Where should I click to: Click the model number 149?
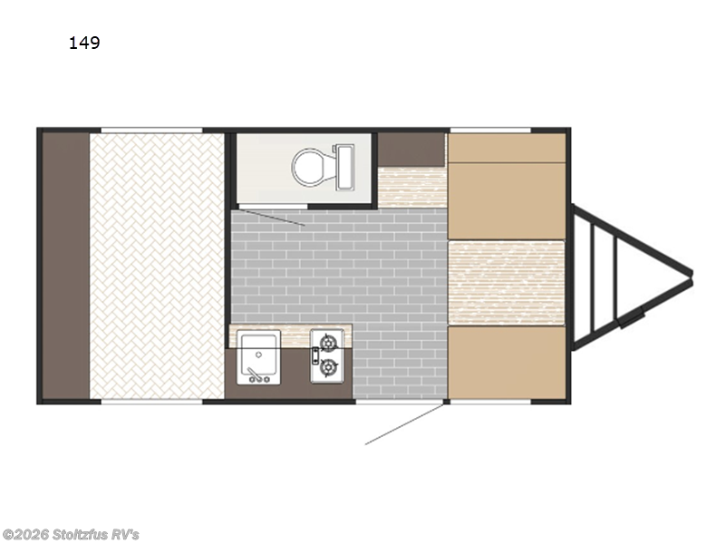point(84,43)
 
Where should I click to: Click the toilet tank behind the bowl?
point(345,167)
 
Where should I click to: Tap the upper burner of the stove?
point(328,344)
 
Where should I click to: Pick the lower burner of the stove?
point(328,368)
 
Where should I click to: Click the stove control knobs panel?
point(314,355)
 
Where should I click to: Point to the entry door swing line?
point(404,424)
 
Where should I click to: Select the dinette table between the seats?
point(507,283)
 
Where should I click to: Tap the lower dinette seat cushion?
point(507,362)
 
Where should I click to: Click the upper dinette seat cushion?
point(507,186)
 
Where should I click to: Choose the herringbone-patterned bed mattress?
point(157,266)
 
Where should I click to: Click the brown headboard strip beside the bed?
point(65,266)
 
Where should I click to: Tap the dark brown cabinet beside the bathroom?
point(411,150)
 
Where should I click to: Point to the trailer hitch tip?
point(691,274)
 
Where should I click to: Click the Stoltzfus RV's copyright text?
point(70,535)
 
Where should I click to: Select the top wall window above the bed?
point(151,131)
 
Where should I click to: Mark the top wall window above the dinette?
point(490,131)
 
